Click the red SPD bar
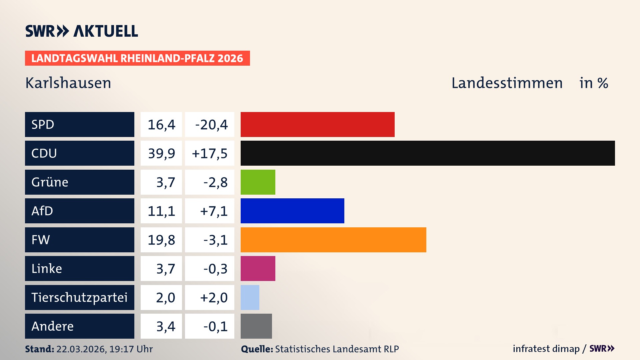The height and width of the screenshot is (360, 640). (317, 124)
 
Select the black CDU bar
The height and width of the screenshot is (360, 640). (428, 153)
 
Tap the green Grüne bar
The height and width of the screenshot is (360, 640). (258, 182)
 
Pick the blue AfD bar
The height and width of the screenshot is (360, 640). (292, 211)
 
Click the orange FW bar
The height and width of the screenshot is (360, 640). (333, 240)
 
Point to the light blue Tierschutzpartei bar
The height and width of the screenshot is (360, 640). (250, 297)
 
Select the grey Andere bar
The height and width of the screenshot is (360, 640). (256, 326)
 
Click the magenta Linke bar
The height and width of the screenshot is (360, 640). (258, 268)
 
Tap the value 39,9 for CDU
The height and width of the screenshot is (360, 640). (161, 153)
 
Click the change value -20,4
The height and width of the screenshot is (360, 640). (211, 125)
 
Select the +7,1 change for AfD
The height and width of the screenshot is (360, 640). (213, 211)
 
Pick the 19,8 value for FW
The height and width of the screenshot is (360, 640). (161, 240)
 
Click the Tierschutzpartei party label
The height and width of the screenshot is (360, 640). (79, 297)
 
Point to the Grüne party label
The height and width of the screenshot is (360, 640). (50, 182)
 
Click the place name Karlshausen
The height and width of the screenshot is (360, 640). (68, 83)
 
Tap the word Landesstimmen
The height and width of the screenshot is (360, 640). (507, 83)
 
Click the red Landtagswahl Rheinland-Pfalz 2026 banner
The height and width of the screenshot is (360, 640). (137, 58)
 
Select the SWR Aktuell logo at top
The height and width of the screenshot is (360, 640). (81, 31)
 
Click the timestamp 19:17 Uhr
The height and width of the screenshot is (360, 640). (131, 349)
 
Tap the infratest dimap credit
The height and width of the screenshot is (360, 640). (546, 349)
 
